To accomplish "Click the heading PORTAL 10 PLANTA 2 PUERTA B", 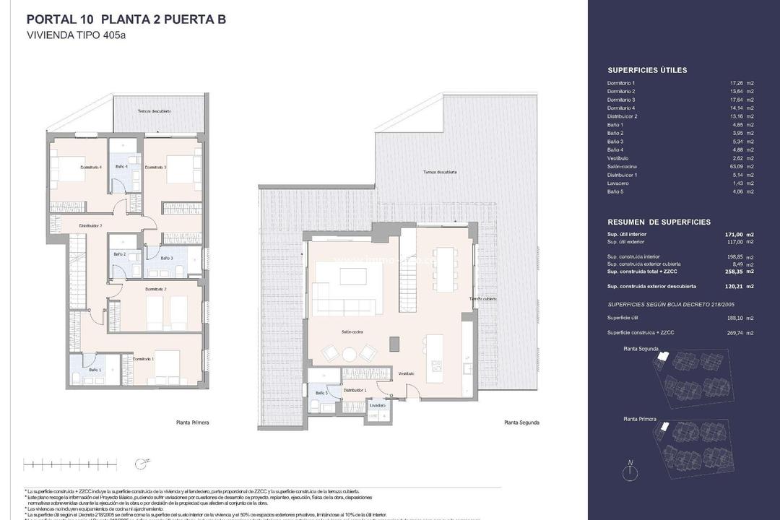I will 126,19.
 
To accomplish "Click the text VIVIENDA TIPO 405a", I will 76,35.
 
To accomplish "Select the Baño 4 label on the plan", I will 121,167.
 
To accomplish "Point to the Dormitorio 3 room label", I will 155,168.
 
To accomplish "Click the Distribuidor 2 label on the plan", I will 91,225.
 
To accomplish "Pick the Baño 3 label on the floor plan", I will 166,258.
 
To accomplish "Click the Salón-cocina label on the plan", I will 352,331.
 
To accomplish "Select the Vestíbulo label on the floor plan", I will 406,373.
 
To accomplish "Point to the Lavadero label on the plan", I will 377,405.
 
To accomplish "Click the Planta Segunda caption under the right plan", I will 521,422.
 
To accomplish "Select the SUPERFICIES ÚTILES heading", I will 647,71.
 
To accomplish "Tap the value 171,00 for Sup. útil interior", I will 734,235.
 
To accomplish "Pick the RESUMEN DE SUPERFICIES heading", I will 659,222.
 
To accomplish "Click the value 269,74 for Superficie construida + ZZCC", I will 734,333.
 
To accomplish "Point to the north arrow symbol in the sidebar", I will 630,472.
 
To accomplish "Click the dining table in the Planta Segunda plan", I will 444,269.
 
